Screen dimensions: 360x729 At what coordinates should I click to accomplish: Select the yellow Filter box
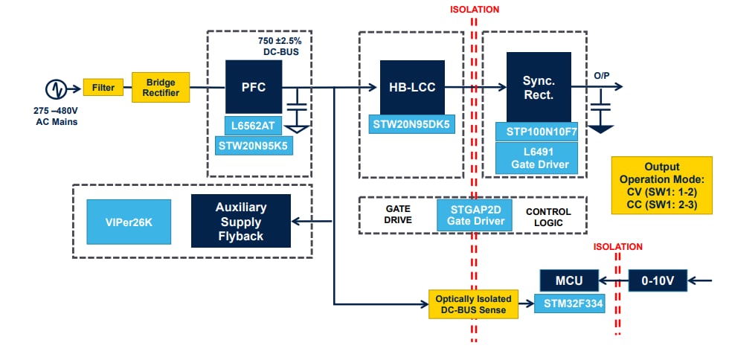tap(103, 88)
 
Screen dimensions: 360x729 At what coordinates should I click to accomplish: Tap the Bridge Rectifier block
tap(161, 87)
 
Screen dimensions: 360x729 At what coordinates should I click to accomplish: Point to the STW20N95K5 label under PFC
tap(254, 145)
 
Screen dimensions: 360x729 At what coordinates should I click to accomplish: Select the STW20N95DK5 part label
tap(411, 124)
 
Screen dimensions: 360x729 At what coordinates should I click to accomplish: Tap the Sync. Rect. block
tap(538, 86)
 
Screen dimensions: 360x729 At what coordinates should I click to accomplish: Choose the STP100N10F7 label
tap(538, 132)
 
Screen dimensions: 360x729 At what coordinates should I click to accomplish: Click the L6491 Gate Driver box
tap(538, 158)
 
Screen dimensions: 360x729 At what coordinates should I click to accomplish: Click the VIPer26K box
tap(129, 221)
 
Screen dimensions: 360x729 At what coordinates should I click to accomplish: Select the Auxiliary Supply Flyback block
tap(240, 221)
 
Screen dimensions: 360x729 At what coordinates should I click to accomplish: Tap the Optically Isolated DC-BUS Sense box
tap(473, 303)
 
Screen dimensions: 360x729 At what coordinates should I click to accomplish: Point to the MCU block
tap(568, 280)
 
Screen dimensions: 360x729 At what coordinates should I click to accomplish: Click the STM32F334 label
tap(568, 303)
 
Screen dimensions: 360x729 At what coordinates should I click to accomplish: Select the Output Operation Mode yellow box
tap(661, 185)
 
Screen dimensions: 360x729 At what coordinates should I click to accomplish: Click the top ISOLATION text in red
tap(475, 10)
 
